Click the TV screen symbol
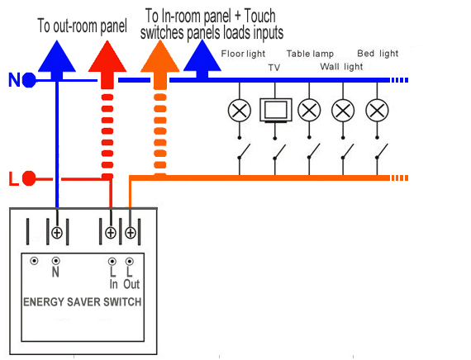tap(276, 110)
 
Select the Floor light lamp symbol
tap(240, 111)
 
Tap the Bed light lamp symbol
tap(377, 111)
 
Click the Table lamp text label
tap(310, 54)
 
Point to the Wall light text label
tap(341, 67)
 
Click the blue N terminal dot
tap(29, 80)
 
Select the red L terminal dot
tap(29, 178)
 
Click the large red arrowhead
tap(107, 56)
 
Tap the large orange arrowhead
tap(160, 56)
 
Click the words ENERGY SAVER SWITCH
tap(83, 302)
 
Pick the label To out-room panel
tap(82, 26)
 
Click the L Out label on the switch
tap(131, 278)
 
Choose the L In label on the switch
tap(113, 278)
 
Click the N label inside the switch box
tap(55, 272)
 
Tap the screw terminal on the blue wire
tap(57, 233)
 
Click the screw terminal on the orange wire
tap(130, 233)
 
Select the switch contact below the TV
tap(278, 152)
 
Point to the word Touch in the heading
tap(259, 16)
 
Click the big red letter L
tap(13, 179)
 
